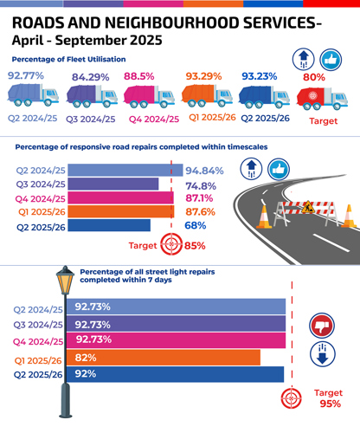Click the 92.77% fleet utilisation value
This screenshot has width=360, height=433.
tap(26, 76)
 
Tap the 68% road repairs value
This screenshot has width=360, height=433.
tap(195, 225)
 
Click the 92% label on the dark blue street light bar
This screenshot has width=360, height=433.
tap(85, 374)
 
